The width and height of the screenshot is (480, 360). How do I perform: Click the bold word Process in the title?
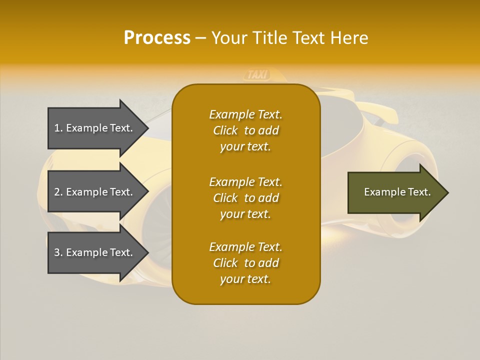point(157,38)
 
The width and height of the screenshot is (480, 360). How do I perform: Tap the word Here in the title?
point(349,38)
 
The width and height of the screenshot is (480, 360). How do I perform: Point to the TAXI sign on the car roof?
point(257,75)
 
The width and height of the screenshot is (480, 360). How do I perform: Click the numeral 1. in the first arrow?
point(58,128)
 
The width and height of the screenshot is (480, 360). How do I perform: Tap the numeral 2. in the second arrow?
point(58,192)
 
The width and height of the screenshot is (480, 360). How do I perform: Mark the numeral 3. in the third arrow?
point(58,252)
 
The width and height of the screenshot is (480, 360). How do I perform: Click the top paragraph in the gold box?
point(245,130)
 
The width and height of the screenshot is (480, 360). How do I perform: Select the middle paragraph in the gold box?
point(245,198)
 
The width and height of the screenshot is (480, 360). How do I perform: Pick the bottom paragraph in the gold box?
point(245,263)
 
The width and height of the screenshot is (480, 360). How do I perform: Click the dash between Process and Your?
point(200,38)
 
